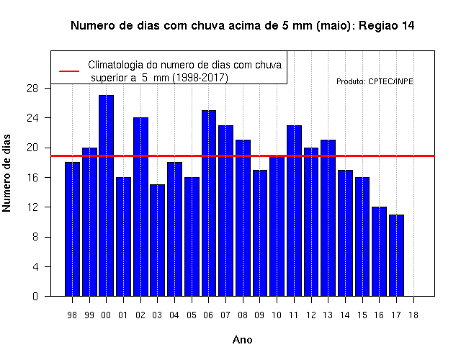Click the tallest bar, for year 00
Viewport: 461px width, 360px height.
pyautogui.click(x=106, y=196)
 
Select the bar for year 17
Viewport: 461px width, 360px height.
pyautogui.click(x=396, y=256)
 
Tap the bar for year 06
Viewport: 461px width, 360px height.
pyautogui.click(x=209, y=203)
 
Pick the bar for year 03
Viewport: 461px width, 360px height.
pyautogui.click(x=157, y=240)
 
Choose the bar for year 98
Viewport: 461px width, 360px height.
pyautogui.click(x=72, y=229)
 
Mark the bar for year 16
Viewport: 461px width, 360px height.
pyautogui.click(x=380, y=251)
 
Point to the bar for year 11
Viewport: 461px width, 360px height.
pyautogui.click(x=294, y=211)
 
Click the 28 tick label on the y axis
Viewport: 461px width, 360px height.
pyautogui.click(x=32, y=88)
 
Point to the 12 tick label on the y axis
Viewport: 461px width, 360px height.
pyautogui.click(x=32, y=207)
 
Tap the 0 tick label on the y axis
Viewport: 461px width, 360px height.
pyautogui.click(x=35, y=296)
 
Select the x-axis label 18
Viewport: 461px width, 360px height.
pyautogui.click(x=413, y=315)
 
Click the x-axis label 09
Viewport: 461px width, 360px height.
pyautogui.click(x=259, y=315)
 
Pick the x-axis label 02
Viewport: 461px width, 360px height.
pyautogui.click(x=140, y=315)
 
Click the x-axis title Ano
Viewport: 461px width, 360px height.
pyautogui.click(x=243, y=340)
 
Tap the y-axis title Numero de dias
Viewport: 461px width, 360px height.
pyautogui.click(x=6, y=173)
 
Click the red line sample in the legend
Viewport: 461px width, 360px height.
pyautogui.click(x=69, y=71)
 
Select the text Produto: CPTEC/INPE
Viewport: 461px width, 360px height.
pyautogui.click(x=375, y=81)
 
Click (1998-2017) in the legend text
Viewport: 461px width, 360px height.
pyautogui.click(x=200, y=78)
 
